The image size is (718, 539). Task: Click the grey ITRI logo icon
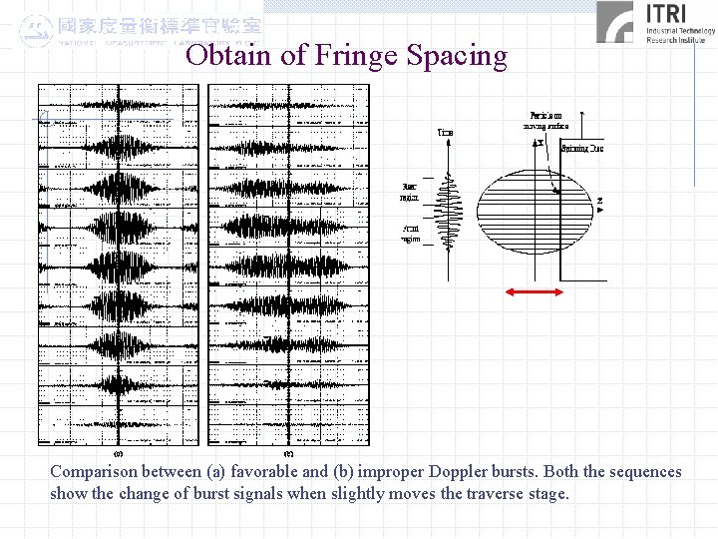click(615, 22)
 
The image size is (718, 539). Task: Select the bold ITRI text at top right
click(673, 13)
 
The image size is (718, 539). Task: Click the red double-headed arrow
click(534, 291)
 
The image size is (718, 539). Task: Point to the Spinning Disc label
click(581, 149)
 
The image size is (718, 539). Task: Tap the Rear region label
click(409, 191)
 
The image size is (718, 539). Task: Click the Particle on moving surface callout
click(545, 121)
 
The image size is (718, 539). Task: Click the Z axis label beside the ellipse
click(599, 205)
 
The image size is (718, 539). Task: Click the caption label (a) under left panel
click(119, 451)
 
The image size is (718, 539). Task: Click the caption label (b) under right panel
click(288, 451)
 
